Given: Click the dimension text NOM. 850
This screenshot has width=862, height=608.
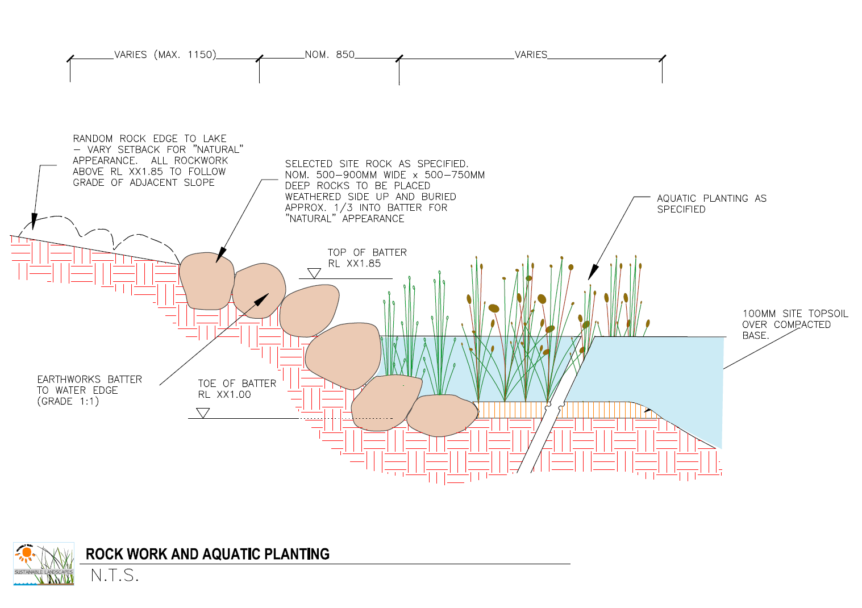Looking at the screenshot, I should [330, 55].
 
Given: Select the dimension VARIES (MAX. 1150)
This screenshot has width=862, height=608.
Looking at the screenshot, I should [165, 55].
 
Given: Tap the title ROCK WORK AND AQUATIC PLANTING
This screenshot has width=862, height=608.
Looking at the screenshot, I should [207, 554].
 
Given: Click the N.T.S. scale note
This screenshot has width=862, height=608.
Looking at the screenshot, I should [114, 576].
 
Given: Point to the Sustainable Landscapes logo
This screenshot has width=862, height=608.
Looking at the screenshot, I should [44, 564].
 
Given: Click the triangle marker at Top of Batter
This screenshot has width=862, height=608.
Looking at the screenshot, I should [314, 273].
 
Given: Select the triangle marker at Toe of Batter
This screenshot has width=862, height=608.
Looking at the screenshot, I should [203, 413].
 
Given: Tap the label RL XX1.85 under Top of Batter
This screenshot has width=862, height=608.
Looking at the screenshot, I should [354, 264].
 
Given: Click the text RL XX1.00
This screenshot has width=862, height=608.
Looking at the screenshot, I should [224, 394].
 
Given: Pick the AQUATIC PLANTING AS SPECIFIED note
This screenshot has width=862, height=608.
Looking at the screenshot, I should [711, 203].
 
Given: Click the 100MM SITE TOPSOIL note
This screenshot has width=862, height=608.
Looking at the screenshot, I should [794, 324].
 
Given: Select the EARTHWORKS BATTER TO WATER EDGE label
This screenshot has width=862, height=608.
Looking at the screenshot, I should [89, 390].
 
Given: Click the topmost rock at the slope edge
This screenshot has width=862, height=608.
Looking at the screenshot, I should [206, 281].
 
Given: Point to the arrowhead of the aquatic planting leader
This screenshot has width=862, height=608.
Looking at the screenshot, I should [592, 273].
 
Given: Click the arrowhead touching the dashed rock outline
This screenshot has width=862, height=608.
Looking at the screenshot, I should [34, 222].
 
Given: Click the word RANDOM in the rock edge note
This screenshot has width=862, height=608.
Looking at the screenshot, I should [93, 139].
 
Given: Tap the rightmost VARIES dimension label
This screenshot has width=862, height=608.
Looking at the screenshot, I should [531, 55].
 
